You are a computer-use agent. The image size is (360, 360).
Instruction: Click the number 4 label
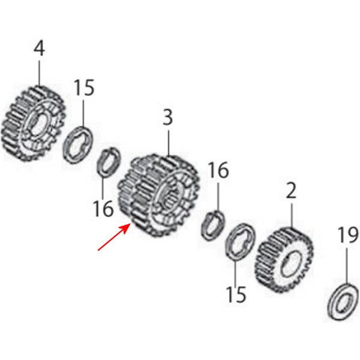(39, 49)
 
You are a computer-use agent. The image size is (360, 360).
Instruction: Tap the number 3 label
(168, 118)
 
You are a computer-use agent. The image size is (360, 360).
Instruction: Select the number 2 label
(292, 191)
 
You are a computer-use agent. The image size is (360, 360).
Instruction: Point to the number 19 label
(347, 235)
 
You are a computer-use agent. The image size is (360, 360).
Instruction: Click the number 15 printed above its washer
(84, 88)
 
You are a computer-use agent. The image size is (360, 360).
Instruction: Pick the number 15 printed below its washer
(236, 295)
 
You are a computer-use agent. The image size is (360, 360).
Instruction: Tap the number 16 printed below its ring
(103, 208)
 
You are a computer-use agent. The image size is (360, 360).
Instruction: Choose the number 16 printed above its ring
(218, 170)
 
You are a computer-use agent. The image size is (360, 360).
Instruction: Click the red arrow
(113, 237)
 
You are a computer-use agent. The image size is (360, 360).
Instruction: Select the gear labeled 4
(34, 123)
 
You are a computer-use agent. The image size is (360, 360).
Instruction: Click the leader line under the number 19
(347, 266)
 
